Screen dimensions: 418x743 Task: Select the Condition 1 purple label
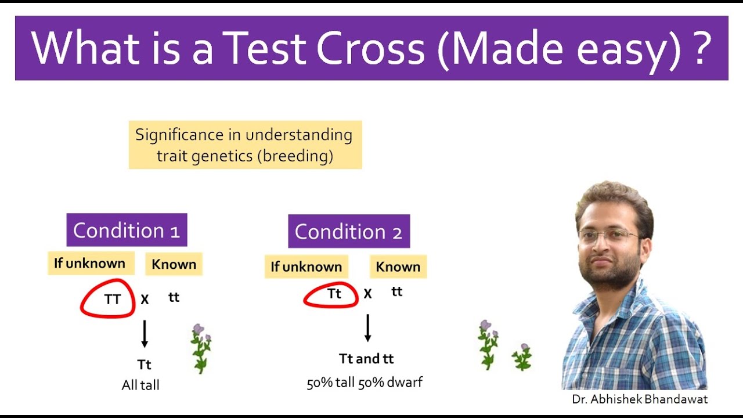(x=127, y=230)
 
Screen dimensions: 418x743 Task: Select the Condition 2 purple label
(x=348, y=232)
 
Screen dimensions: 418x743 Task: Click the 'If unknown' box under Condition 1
(x=90, y=264)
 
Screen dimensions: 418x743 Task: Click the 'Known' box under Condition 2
(x=398, y=267)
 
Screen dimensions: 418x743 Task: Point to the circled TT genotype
(x=112, y=300)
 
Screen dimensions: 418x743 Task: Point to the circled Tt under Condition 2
(x=334, y=294)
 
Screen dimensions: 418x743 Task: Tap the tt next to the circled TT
(x=174, y=297)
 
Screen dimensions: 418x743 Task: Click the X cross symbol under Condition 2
(x=367, y=294)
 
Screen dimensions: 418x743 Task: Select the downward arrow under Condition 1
(x=145, y=333)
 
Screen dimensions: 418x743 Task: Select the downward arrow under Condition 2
(x=367, y=328)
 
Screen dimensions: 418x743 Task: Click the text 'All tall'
(x=140, y=385)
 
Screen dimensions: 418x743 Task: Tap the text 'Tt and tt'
(x=366, y=359)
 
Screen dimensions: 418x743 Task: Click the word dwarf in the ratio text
(x=406, y=383)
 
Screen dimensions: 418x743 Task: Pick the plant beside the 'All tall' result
(x=201, y=348)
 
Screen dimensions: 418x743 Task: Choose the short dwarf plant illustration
(x=522, y=357)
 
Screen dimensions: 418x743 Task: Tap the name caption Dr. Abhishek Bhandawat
(x=640, y=399)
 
